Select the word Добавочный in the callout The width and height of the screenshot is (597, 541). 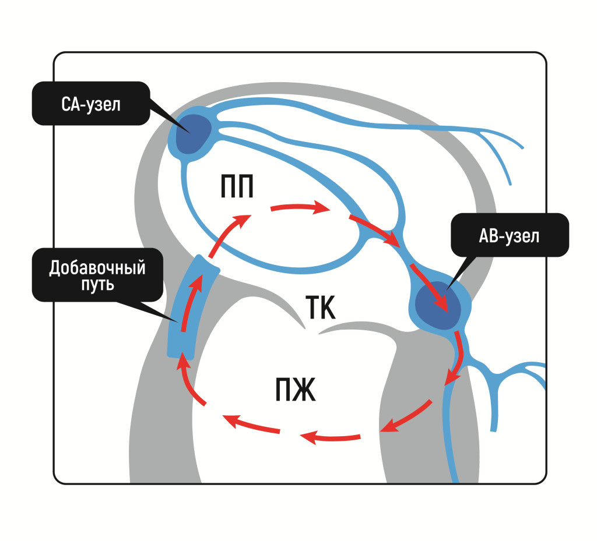coord(97,268)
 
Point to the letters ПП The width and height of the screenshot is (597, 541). coord(237,188)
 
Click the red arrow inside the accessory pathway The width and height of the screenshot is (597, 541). coord(190,303)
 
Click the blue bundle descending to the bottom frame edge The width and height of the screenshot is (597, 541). coord(451,437)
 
